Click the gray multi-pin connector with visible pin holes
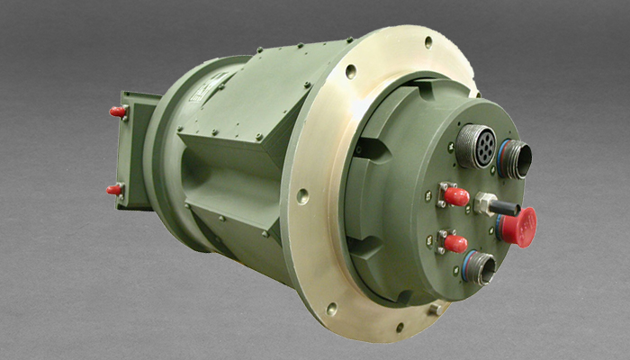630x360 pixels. (x=475, y=147)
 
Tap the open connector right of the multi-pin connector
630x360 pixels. (x=516, y=158)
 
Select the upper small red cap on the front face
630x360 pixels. (x=456, y=196)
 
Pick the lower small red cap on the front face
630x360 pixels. (x=455, y=243)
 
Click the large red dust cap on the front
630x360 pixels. (x=519, y=226)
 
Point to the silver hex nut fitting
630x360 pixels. (x=487, y=204)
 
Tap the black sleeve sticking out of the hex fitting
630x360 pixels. (x=506, y=209)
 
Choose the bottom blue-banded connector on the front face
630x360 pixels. (x=478, y=267)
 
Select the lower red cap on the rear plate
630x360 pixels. (x=115, y=190)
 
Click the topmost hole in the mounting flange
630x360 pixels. (x=427, y=41)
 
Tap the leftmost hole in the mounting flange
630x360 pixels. (x=302, y=195)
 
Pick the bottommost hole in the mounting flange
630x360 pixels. (x=400, y=327)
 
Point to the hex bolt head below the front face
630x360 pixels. (x=436, y=309)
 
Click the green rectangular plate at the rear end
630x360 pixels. (x=133, y=148)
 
